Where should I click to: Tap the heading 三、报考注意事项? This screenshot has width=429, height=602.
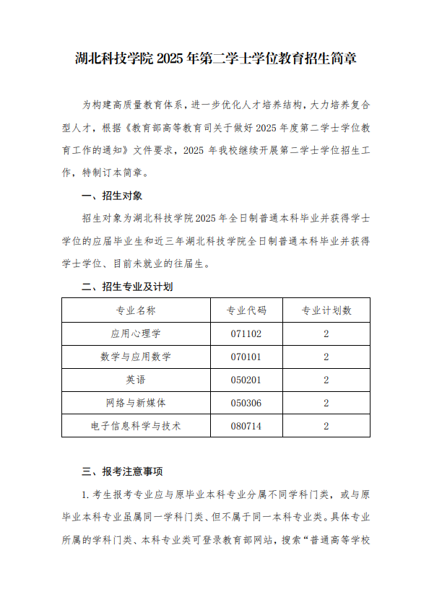(122, 472)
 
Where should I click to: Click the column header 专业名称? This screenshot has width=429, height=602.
(136, 310)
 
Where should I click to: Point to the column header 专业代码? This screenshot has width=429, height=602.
(246, 310)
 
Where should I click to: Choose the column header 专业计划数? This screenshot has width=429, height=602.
(326, 310)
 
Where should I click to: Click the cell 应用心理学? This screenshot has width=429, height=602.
(136, 333)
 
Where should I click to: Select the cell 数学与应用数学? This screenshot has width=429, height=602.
(136, 357)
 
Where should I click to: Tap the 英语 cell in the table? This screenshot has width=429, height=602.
(136, 380)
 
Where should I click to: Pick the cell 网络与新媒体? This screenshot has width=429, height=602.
(136, 403)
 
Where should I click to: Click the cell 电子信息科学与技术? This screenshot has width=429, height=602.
(136, 426)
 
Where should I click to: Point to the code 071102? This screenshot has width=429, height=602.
(246, 333)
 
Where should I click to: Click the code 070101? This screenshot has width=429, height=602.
(246, 357)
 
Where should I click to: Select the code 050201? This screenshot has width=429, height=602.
(246, 380)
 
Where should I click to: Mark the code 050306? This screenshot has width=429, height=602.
(246, 403)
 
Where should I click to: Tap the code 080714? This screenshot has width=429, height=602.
(246, 426)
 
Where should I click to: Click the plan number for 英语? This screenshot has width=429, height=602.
(326, 380)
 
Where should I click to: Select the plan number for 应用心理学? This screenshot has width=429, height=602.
(326, 333)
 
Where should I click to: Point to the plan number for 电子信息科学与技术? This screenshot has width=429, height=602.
(326, 426)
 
